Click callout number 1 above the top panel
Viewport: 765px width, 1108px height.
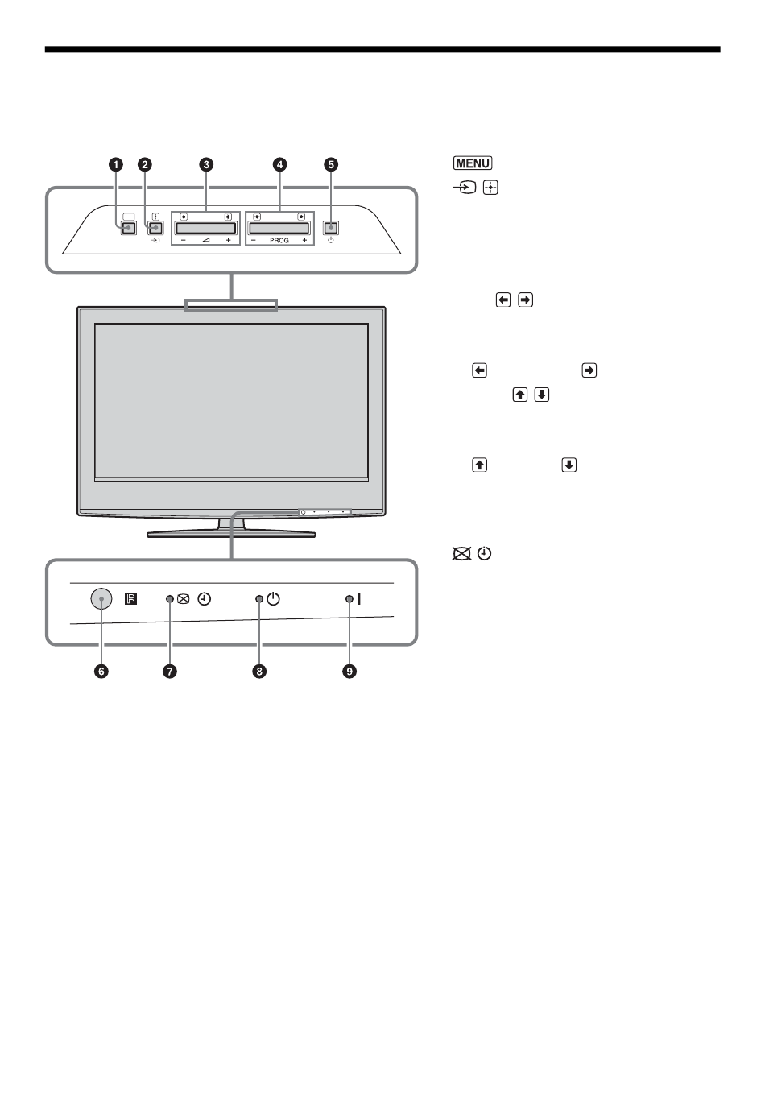(x=117, y=165)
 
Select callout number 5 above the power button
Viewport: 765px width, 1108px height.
(x=330, y=165)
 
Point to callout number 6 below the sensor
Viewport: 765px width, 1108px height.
(x=101, y=672)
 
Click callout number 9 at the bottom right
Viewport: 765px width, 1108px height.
(x=349, y=672)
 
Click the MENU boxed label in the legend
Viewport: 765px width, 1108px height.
(x=472, y=163)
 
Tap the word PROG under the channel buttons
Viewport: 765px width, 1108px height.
(x=279, y=240)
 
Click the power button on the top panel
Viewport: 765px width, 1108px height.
(x=330, y=227)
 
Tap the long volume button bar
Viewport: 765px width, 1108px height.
(x=206, y=228)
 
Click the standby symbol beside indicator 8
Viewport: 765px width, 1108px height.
(x=274, y=599)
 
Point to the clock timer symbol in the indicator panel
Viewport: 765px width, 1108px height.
(x=206, y=599)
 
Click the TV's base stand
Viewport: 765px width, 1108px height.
(x=231, y=531)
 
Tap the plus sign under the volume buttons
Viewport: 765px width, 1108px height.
(x=228, y=240)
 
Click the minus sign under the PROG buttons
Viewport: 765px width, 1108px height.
(x=253, y=240)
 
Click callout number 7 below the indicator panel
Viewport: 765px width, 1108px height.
(x=170, y=672)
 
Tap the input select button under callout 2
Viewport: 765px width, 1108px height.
(x=155, y=228)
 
